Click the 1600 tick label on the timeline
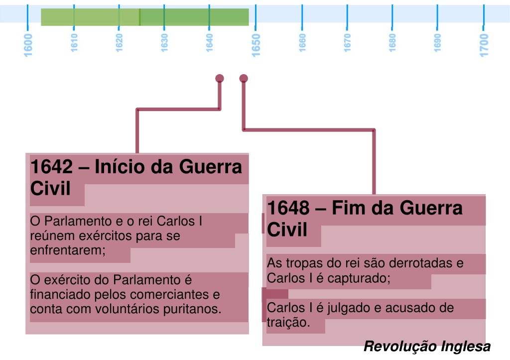point(28,45)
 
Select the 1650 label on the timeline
point(256,45)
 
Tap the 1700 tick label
point(484,45)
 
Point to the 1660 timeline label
point(302,43)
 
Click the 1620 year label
point(119,43)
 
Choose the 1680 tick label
point(392,43)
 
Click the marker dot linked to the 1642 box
point(220,78)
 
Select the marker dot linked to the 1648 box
point(244,78)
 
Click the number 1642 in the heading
point(52,167)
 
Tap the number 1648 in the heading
point(288,208)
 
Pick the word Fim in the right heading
point(348,208)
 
